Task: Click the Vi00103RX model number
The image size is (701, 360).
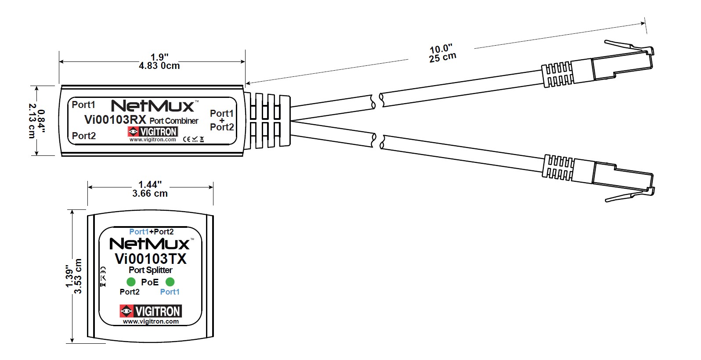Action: [115, 120]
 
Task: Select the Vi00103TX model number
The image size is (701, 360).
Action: [151, 259]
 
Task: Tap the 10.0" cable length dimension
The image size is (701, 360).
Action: [441, 48]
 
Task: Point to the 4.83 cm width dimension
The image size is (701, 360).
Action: [159, 66]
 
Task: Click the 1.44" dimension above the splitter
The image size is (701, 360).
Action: [150, 184]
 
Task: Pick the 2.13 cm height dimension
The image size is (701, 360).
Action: [32, 121]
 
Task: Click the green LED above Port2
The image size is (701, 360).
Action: [131, 282]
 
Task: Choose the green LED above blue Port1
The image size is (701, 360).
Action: [170, 282]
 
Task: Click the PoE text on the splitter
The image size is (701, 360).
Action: [150, 282]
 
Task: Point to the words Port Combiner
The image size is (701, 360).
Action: [174, 121]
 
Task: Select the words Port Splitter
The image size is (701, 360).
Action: [150, 270]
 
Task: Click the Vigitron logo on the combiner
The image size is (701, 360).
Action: [152, 131]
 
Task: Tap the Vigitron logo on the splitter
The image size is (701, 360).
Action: [151, 311]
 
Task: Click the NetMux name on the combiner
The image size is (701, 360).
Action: [152, 106]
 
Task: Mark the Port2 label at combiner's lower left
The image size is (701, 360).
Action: [84, 136]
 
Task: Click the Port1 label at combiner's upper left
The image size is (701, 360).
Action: [83, 104]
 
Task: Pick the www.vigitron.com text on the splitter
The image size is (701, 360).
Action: [151, 321]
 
